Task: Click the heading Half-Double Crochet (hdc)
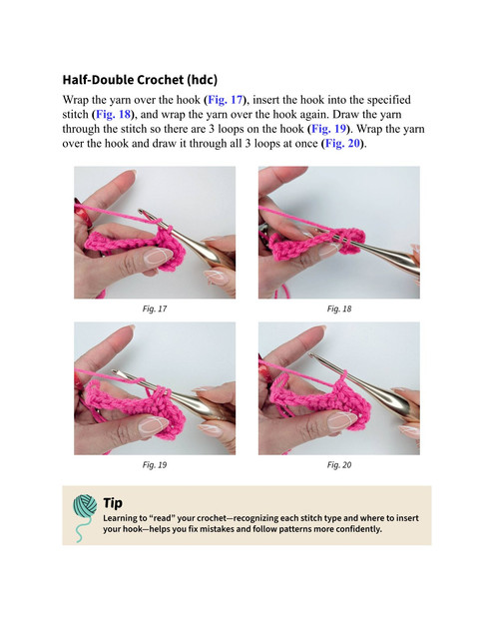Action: (x=140, y=80)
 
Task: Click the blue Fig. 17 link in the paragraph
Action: (x=226, y=100)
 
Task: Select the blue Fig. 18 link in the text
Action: (x=113, y=115)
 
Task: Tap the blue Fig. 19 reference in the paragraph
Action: (x=328, y=129)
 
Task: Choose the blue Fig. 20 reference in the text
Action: (x=343, y=144)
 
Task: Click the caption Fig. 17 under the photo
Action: (x=155, y=309)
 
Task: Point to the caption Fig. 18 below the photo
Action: (x=339, y=309)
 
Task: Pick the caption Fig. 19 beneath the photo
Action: (x=155, y=465)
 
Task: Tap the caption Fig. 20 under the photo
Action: (x=339, y=465)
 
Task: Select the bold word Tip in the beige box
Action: (x=113, y=503)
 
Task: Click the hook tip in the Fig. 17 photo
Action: (x=141, y=211)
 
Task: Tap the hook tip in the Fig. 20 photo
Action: (x=310, y=355)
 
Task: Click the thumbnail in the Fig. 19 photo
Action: (x=154, y=423)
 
